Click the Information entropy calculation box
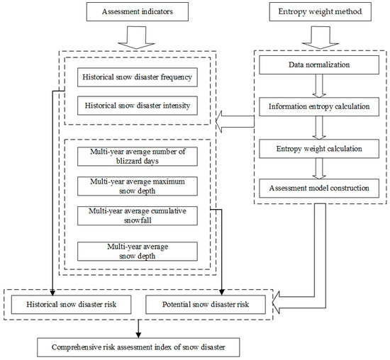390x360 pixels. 321,109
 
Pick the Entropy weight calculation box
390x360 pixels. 321,150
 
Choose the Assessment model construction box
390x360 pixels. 321,189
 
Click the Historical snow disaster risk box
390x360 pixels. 73,305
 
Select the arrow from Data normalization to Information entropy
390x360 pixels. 321,86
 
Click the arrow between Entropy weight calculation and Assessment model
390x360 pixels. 321,169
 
